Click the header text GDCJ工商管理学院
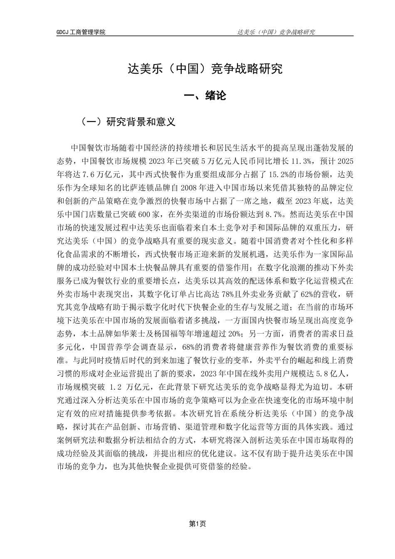(x=81, y=32)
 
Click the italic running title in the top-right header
(x=275, y=32)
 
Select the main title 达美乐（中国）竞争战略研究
(x=205, y=69)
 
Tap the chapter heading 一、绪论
(x=205, y=96)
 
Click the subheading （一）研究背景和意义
(x=128, y=122)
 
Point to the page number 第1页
(x=197, y=524)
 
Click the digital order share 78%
(x=228, y=295)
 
